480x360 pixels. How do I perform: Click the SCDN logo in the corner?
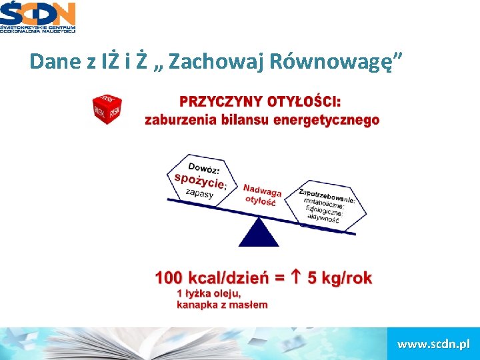(x=38, y=17)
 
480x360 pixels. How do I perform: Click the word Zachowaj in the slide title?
(x=201, y=62)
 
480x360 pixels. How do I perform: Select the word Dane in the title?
(x=55, y=62)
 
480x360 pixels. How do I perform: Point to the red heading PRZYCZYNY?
(x=221, y=103)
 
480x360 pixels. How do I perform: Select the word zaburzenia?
(x=180, y=121)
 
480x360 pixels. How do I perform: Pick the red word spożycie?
(x=200, y=180)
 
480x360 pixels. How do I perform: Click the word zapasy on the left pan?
(x=199, y=193)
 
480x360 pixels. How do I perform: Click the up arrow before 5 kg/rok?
(x=298, y=278)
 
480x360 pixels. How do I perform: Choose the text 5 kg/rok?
(x=339, y=278)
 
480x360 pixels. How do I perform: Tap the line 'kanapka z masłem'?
(x=222, y=305)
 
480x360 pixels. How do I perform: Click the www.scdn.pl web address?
(x=433, y=344)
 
